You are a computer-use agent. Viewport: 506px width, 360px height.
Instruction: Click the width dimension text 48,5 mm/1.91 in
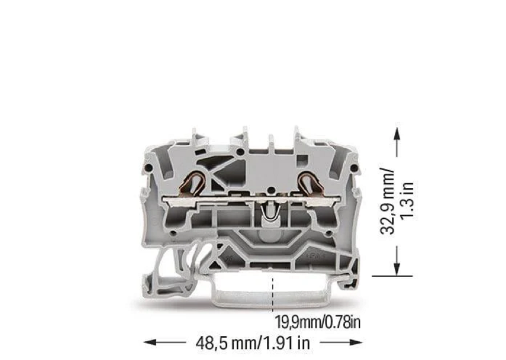[x=253, y=343]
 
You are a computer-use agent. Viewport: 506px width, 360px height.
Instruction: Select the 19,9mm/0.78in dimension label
[x=318, y=322]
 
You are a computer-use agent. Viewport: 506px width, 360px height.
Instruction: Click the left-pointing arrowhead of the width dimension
[x=150, y=342]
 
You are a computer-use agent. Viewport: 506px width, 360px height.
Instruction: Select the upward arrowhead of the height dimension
[x=397, y=134]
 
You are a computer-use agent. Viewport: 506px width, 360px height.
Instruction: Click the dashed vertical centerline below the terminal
[x=273, y=295]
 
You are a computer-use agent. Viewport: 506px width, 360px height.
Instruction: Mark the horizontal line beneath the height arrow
[x=392, y=276]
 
